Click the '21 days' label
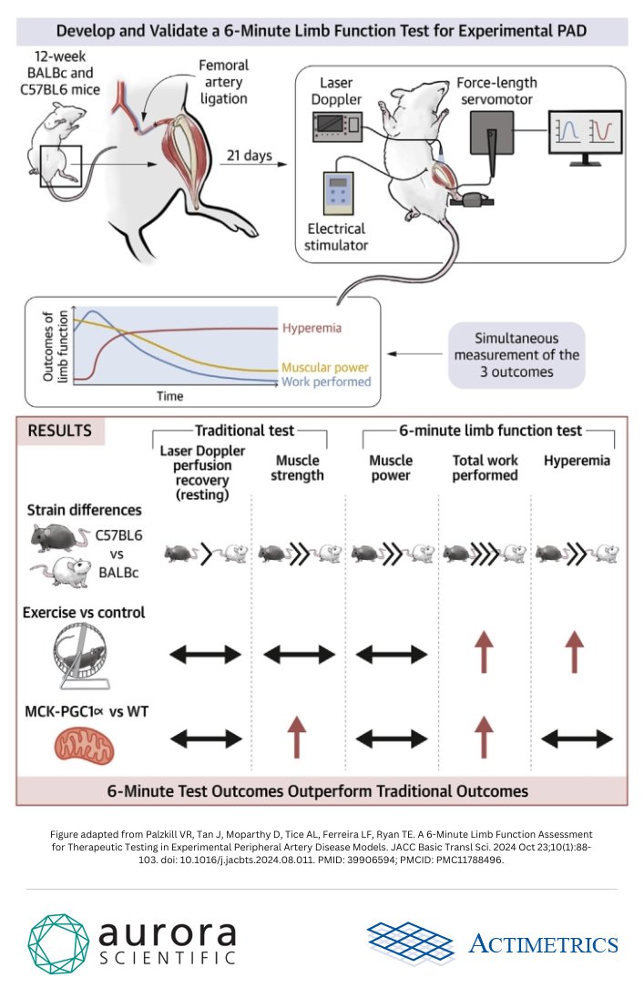click(245, 156)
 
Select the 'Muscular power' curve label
click(326, 367)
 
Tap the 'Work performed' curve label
click(326, 382)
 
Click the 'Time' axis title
click(169, 396)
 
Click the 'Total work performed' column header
click(485, 468)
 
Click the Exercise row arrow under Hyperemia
click(576, 654)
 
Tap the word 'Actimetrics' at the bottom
click(543, 944)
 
